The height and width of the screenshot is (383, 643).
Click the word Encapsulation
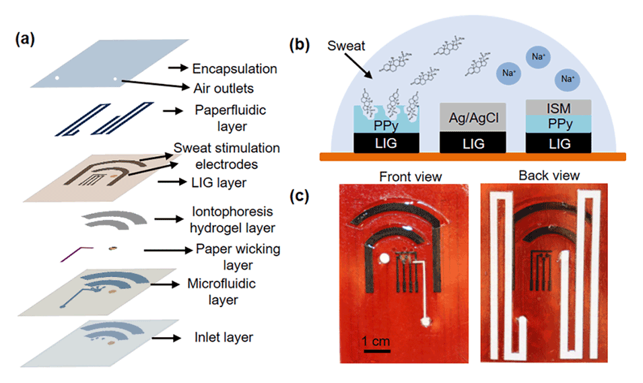click(234, 69)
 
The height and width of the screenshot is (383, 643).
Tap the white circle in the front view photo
click(384, 258)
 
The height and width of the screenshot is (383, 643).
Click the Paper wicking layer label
click(238, 256)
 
